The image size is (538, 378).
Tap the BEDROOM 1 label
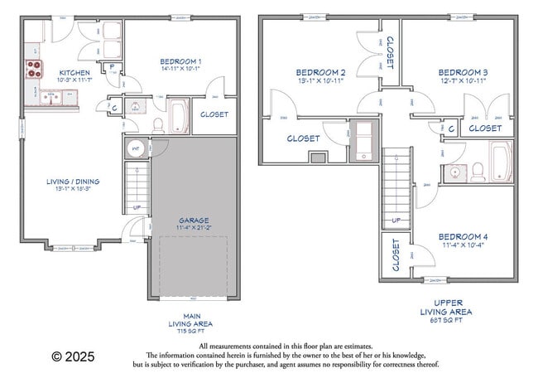[180, 61]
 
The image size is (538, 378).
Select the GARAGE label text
[194, 220]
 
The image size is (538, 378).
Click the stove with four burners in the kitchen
[34, 69]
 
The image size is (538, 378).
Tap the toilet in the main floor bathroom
[156, 125]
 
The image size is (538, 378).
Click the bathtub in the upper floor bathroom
[500, 159]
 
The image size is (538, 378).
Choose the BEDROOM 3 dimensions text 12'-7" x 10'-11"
[462, 81]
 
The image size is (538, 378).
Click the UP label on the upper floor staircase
[396, 220]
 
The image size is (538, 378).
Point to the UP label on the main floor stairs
[137, 207]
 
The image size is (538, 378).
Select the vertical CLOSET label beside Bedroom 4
[395, 254]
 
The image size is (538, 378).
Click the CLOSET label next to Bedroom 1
[214, 114]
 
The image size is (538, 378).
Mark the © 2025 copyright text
[73, 356]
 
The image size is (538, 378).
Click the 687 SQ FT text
[447, 321]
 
